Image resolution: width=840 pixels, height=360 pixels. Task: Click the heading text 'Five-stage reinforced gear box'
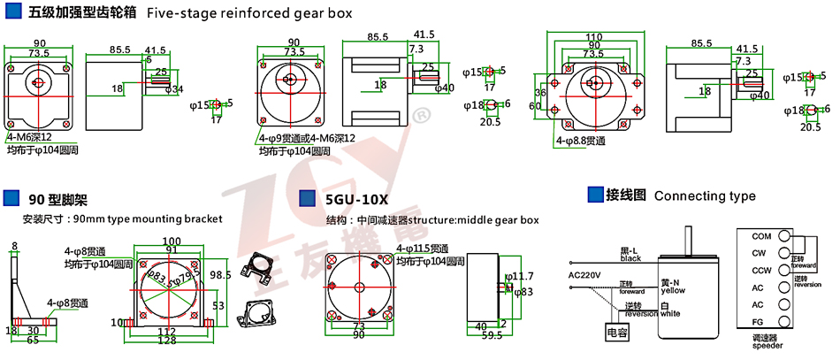(x=248, y=13)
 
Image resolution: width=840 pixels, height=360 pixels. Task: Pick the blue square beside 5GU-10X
(x=308, y=198)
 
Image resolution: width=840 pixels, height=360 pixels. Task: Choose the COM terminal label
(x=761, y=236)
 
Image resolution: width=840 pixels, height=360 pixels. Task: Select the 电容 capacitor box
(x=615, y=333)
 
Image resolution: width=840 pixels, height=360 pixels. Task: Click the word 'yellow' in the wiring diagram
(x=674, y=290)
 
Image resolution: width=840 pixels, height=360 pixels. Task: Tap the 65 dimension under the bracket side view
(x=32, y=340)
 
